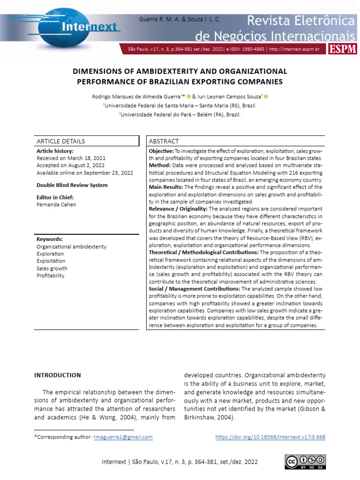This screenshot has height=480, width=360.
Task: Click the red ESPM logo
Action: click(343, 49)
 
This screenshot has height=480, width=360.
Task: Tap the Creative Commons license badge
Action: click(305, 461)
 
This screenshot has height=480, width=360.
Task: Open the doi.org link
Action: click(270, 437)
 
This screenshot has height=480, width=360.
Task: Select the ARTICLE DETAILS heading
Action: click(61, 141)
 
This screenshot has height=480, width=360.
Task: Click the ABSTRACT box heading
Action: click(164, 141)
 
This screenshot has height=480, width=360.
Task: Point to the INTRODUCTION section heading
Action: click(58, 375)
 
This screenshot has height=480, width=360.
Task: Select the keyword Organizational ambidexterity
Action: click(71, 247)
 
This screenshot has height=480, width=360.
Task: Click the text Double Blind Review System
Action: click(72, 185)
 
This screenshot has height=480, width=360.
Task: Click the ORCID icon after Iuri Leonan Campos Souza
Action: click(266, 97)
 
